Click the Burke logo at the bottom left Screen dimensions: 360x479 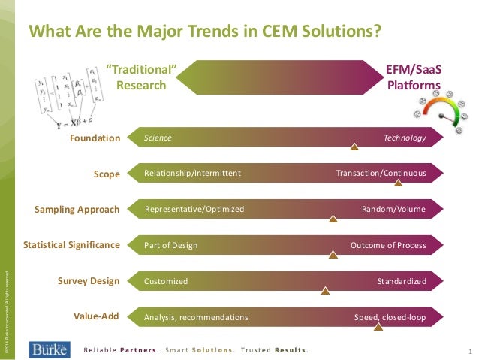pyautogui.click(x=50, y=349)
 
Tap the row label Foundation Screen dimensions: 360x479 pyautogui.click(x=95, y=138)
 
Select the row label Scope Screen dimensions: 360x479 pyautogui.click(x=107, y=174)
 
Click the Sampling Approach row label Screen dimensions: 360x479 pyautogui.click(x=77, y=209)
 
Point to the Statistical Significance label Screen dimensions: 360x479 pyautogui.click(x=71, y=245)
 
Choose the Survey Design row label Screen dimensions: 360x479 pyautogui.click(x=89, y=281)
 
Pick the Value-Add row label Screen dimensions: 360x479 pyautogui.click(x=96, y=316)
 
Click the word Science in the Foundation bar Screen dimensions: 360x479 pyautogui.click(x=158, y=138)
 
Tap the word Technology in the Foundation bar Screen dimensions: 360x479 pyautogui.click(x=405, y=138)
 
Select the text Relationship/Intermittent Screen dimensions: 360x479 pyautogui.click(x=192, y=174)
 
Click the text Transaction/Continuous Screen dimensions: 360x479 pyautogui.click(x=381, y=174)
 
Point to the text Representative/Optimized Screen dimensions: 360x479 pyautogui.click(x=194, y=209)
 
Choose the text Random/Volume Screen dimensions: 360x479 pyautogui.click(x=393, y=209)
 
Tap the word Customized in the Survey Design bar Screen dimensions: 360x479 pyautogui.click(x=166, y=281)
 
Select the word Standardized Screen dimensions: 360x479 pyautogui.click(x=402, y=281)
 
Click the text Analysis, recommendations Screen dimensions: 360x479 pyautogui.click(x=196, y=317)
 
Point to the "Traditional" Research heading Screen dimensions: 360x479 pyautogui.click(x=141, y=77)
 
